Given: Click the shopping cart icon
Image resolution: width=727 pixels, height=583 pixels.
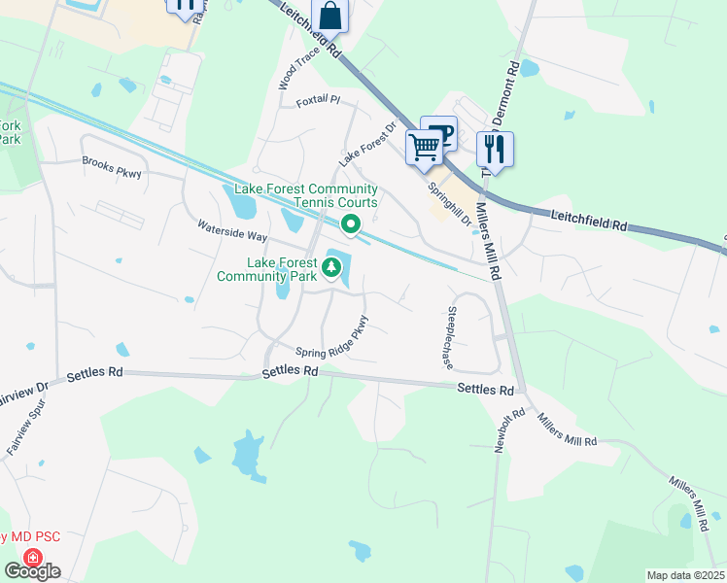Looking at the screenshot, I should (424, 149).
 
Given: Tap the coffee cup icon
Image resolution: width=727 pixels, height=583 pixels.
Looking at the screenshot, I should (439, 133).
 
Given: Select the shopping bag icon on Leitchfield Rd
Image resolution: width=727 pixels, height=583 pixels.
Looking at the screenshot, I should (329, 17).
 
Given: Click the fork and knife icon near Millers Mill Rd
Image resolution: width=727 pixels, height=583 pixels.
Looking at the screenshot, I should (495, 149).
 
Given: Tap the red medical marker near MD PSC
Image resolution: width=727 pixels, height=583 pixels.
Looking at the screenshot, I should (32, 558).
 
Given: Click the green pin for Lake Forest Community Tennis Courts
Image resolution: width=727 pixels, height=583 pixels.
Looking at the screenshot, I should (351, 225).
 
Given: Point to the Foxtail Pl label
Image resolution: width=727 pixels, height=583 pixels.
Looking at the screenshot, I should (320, 99).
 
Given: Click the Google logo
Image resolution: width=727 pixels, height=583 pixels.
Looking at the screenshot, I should (32, 571).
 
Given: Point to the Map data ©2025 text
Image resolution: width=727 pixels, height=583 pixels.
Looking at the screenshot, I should (684, 575).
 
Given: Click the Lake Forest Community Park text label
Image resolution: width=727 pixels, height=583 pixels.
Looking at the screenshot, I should (281, 269).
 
